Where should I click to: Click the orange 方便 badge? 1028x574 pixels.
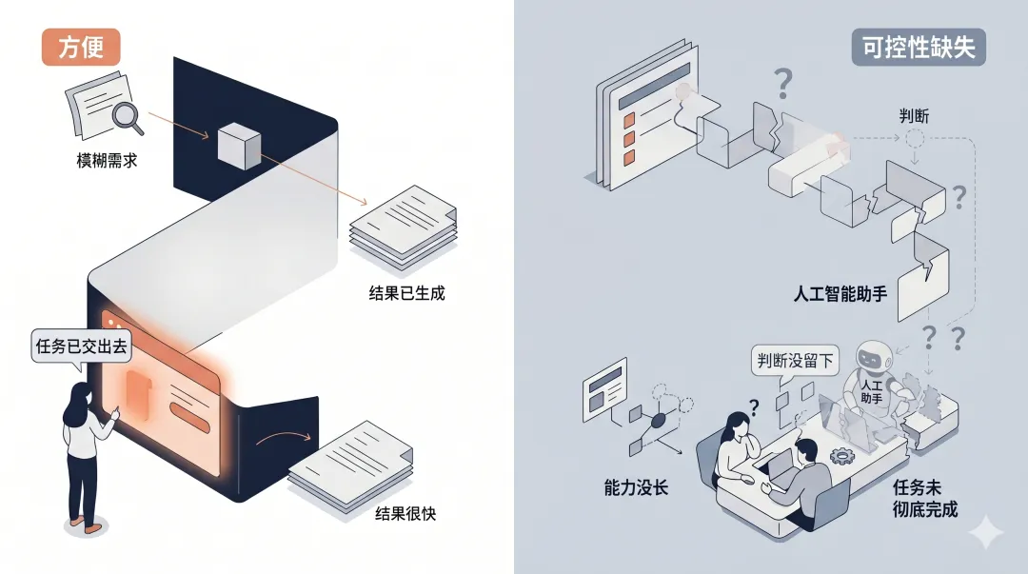[x=80, y=48]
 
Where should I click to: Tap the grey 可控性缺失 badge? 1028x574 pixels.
[x=918, y=48]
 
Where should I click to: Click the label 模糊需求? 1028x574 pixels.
[x=108, y=160]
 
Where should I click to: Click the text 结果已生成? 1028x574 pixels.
[x=407, y=292]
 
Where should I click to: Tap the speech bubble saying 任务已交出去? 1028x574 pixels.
[x=81, y=347]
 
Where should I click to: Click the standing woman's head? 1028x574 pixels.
[x=79, y=398]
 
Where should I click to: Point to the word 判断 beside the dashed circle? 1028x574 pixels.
[x=915, y=116]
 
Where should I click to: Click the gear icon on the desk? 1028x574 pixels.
[x=840, y=455]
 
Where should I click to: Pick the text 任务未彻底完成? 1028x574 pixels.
[x=924, y=498]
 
